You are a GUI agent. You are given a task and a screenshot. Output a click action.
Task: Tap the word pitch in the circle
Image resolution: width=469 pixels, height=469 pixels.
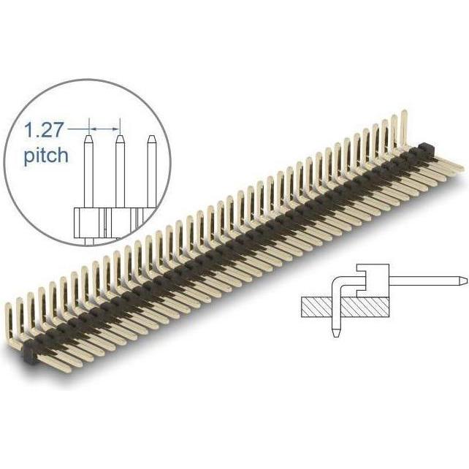tap(45, 155)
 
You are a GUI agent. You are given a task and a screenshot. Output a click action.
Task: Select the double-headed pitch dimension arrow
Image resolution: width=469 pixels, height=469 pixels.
tap(103, 129)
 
